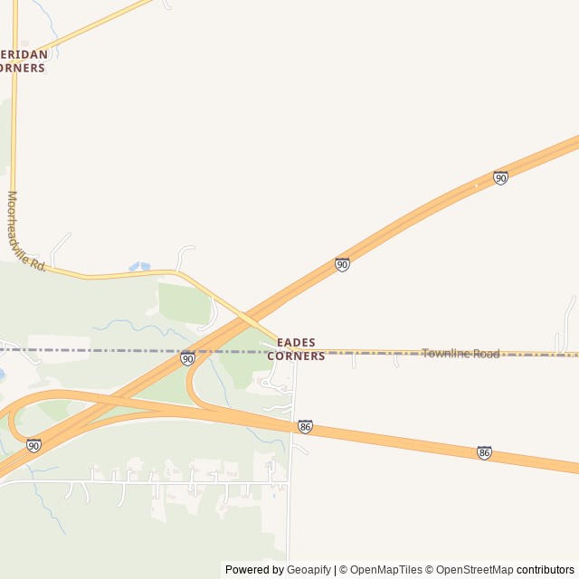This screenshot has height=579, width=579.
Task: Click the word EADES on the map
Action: [x=296, y=342]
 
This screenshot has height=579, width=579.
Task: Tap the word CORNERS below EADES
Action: [x=296, y=356]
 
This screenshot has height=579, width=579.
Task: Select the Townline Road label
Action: [x=460, y=353]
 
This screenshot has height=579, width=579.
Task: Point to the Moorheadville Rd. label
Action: [x=26, y=232]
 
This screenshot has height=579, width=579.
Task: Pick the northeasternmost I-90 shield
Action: [x=500, y=178]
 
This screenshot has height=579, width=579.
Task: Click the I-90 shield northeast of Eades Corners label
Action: [x=342, y=264]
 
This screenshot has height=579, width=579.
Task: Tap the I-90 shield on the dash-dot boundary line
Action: [x=187, y=358]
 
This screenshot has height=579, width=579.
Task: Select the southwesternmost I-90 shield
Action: [x=33, y=445]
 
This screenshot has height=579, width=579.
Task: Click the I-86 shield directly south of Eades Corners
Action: [x=305, y=426]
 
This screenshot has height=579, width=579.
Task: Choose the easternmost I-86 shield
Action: [x=485, y=452]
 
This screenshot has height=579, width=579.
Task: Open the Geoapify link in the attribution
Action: [x=308, y=570]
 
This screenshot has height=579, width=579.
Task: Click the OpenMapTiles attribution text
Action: [x=385, y=570]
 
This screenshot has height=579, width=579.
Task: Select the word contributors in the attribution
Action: [x=546, y=570]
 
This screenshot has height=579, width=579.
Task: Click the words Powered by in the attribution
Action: [x=254, y=570]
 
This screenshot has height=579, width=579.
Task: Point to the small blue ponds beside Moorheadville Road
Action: [x=139, y=267]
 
